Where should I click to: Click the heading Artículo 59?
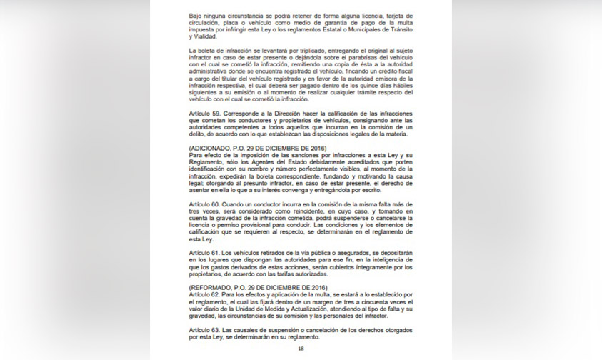pos(203,113)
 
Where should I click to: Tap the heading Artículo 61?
pos(203,254)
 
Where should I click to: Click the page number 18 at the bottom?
pos(301,349)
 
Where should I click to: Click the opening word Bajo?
pos(196,14)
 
